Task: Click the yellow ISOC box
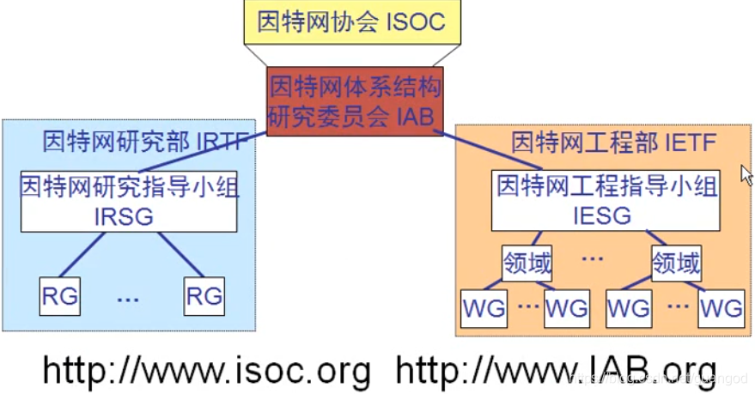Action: click(352, 21)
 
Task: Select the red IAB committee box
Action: click(355, 102)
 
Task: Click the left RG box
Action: click(59, 297)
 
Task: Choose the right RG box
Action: click(204, 297)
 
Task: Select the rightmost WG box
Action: click(722, 306)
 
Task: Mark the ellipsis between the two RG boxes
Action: click(128, 300)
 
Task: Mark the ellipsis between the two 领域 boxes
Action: click(593, 258)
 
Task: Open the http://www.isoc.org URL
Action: click(207, 371)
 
